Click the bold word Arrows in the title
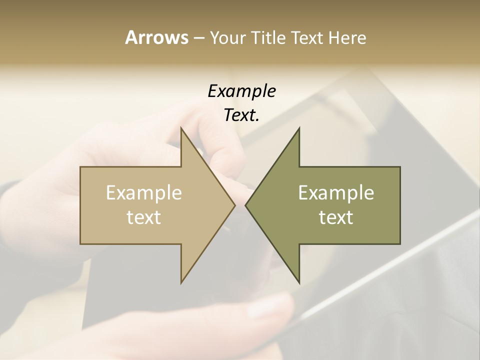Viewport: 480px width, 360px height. click(156, 37)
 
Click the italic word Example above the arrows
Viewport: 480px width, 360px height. click(241, 91)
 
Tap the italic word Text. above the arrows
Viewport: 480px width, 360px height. click(240, 115)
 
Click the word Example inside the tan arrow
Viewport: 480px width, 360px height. click(144, 193)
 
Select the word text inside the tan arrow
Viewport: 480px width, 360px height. click(144, 217)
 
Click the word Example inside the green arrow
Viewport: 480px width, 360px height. click(336, 193)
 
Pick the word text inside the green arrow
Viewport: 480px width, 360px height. click(336, 217)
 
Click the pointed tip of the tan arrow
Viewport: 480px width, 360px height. click(235, 205)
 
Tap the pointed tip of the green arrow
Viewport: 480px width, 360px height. click(245, 205)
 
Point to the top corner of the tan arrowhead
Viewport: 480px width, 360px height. click(181, 128)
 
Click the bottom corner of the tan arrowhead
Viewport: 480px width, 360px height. click(181, 283)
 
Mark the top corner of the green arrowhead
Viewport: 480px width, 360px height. click(299, 128)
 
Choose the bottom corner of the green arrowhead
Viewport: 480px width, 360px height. click(299, 283)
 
